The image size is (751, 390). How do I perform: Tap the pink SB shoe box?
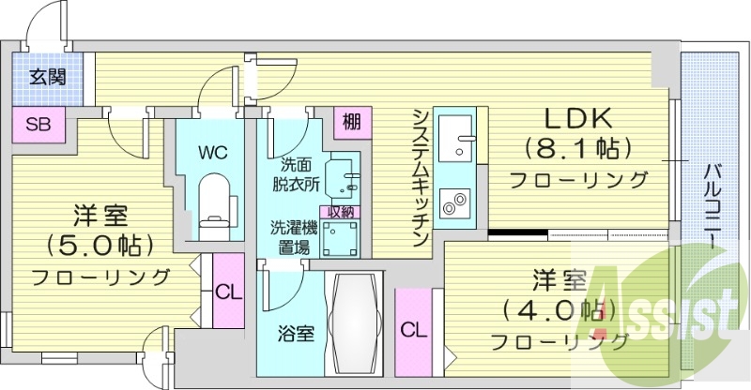[38, 124]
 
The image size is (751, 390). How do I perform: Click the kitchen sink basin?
[460, 139]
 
